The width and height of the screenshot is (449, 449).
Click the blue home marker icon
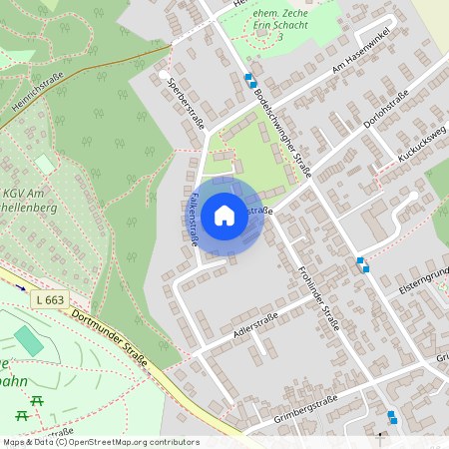224,215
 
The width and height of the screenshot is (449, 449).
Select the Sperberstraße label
187,103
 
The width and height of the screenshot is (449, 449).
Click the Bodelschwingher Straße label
281,130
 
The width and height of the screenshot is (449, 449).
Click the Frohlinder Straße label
319,295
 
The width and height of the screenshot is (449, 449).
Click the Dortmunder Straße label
111,339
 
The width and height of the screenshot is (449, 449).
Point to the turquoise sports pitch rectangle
29,340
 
